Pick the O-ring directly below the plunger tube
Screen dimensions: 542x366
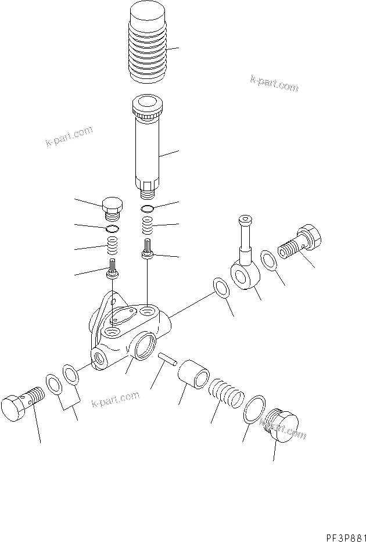click(x=148, y=209)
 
